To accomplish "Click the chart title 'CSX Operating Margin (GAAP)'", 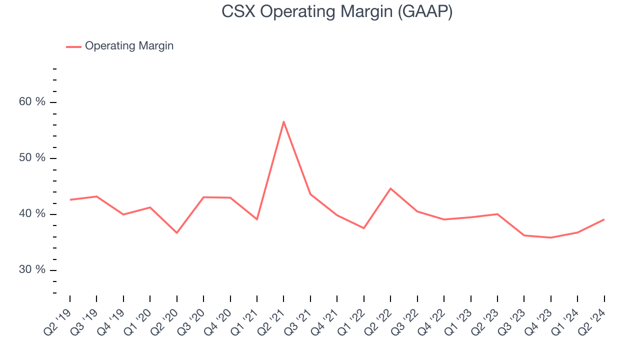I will pyautogui.click(x=337, y=11).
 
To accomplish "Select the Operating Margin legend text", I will pyautogui.click(x=129, y=46).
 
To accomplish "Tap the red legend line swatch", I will pyautogui.click(x=73, y=46).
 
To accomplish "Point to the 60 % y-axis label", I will pyautogui.click(x=39, y=102).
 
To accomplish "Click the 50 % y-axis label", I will pyautogui.click(x=39, y=158).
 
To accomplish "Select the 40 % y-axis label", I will pyautogui.click(x=39, y=214).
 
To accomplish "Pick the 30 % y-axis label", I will pyautogui.click(x=39, y=270).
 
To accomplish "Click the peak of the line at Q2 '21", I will pyautogui.click(x=283, y=121).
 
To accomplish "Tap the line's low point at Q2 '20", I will pyautogui.click(x=177, y=233).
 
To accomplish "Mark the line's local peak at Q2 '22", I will pyautogui.click(x=390, y=188).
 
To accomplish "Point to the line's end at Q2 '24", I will pyautogui.click(x=604, y=219).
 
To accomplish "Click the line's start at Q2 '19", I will pyautogui.click(x=70, y=199).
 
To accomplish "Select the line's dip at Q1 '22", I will pyautogui.click(x=364, y=228).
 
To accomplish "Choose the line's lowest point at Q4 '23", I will pyautogui.click(x=550, y=237).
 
